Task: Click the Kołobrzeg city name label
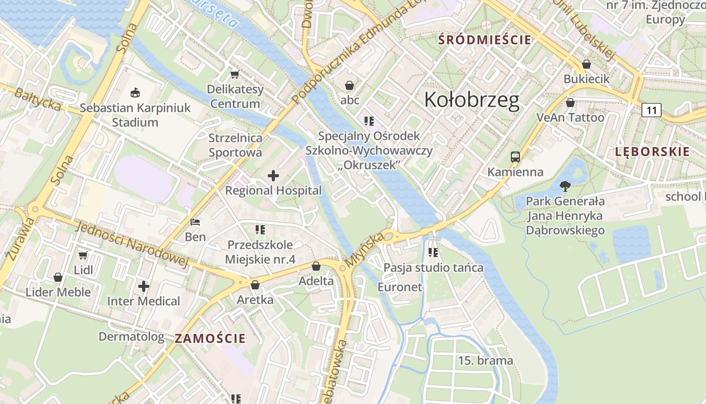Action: click(x=472, y=100)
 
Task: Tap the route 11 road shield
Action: click(x=652, y=110)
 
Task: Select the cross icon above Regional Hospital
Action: click(x=273, y=176)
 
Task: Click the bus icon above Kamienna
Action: click(x=515, y=157)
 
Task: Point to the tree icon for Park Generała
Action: click(x=565, y=186)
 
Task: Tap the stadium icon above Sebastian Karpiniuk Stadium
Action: click(x=135, y=93)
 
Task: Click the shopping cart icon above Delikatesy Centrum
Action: click(x=234, y=75)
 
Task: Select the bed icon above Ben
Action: click(x=195, y=222)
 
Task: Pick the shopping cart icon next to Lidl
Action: click(x=83, y=256)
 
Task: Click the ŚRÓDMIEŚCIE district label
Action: click(x=485, y=39)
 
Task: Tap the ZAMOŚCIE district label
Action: click(x=210, y=338)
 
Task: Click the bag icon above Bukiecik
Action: click(x=586, y=65)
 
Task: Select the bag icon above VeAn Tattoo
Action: click(x=570, y=103)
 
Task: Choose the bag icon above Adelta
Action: click(x=316, y=266)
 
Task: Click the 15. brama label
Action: click(x=485, y=361)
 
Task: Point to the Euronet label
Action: click(x=399, y=287)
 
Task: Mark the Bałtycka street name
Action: click(x=38, y=99)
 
